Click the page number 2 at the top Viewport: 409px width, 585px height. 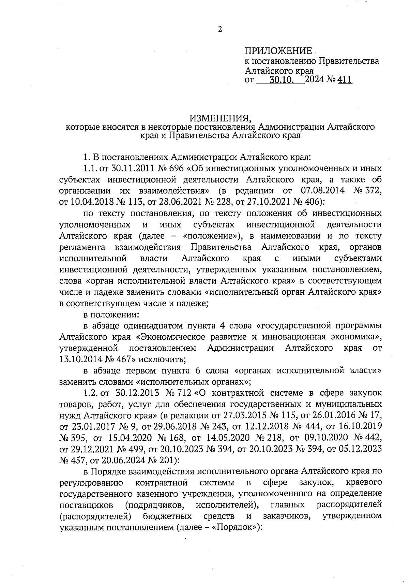220,30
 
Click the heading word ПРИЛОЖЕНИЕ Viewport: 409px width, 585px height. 278,51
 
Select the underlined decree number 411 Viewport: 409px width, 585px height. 344,81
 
